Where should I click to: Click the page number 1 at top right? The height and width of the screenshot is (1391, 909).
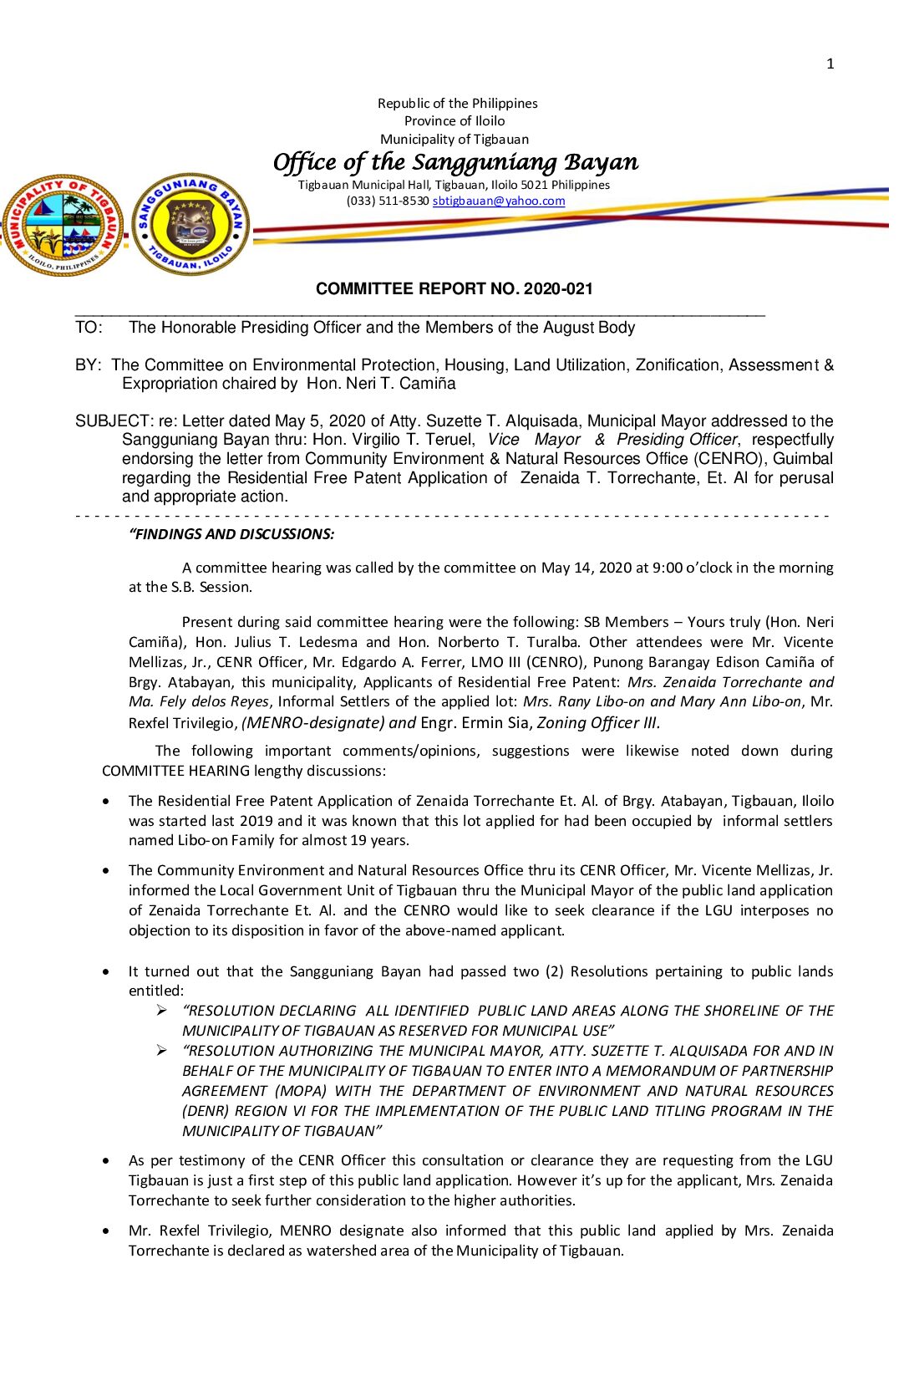pos(830,64)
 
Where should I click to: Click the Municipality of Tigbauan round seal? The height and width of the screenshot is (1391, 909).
pos(63,224)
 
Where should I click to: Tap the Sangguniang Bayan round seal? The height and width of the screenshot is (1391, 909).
pos(190,224)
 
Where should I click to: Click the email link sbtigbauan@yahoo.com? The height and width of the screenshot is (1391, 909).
pos(499,201)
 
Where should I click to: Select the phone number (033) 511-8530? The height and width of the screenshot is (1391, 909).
pos(388,201)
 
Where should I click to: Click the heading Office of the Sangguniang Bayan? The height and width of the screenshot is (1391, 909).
pos(455,161)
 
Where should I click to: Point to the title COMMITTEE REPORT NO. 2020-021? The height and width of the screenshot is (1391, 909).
pos(454,288)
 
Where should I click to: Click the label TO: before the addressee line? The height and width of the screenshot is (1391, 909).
pos(89,328)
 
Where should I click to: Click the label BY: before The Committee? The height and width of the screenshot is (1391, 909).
pos(88,365)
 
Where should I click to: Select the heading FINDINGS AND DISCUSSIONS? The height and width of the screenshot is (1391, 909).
pos(232,534)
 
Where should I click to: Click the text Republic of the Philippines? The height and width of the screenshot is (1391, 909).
pos(457,104)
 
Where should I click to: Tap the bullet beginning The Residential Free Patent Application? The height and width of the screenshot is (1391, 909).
pos(105,801)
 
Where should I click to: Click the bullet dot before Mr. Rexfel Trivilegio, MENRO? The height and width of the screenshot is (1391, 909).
pos(105,1230)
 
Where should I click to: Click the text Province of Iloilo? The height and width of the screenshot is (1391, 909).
pos(454,121)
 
